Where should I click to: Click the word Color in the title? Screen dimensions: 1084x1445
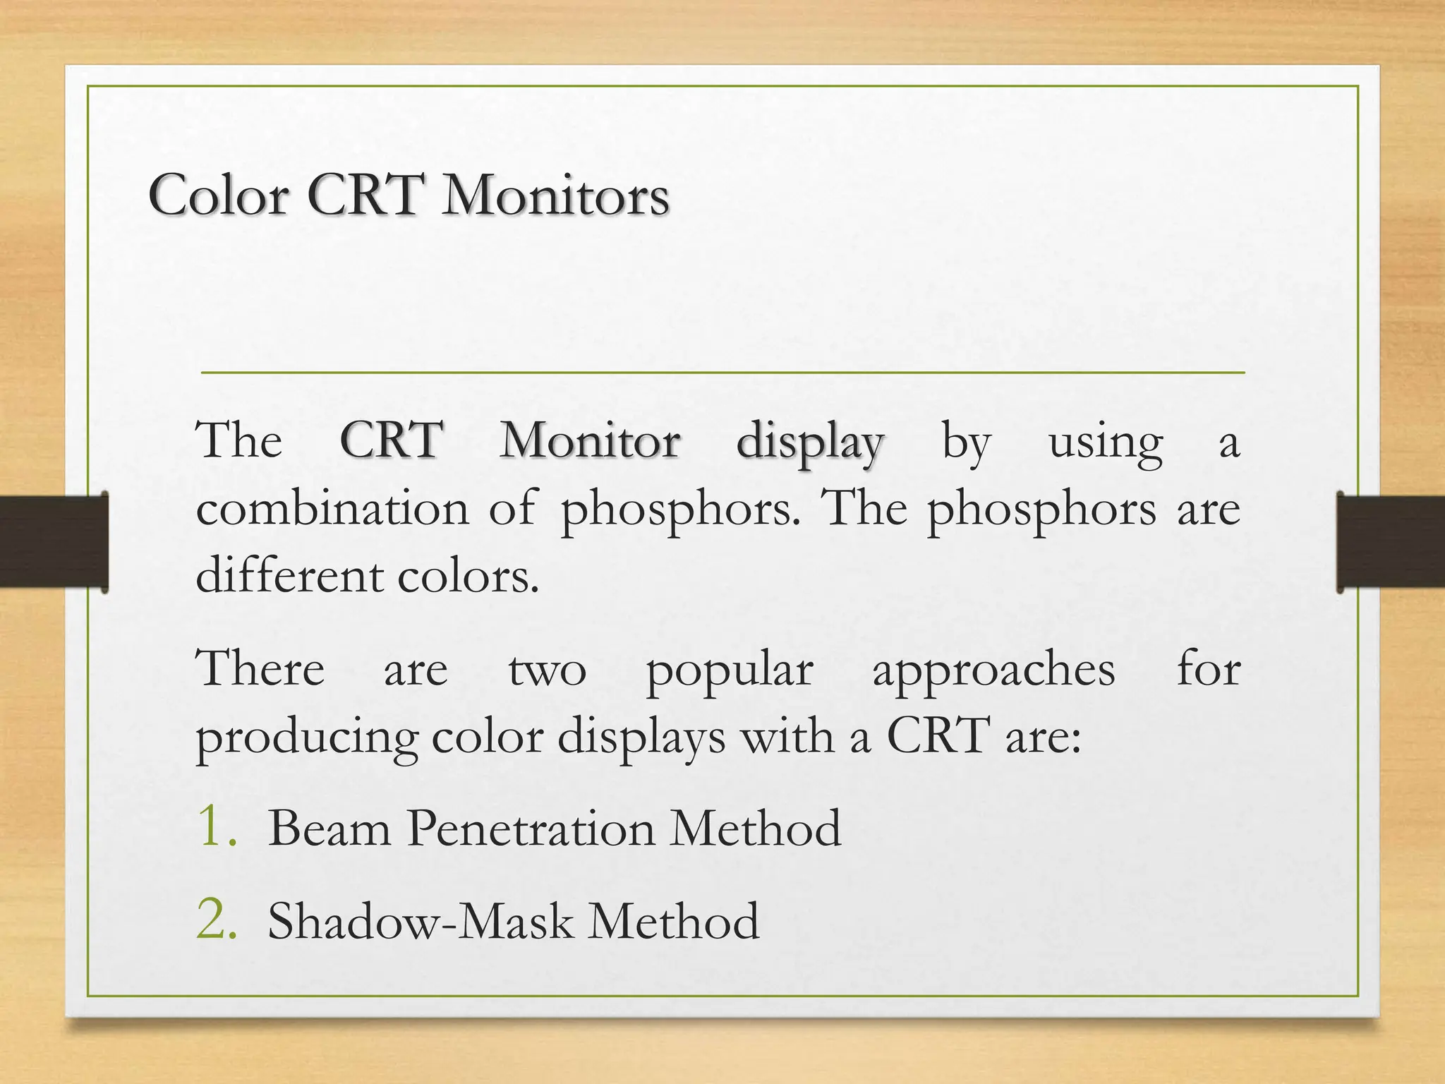pyautogui.click(x=219, y=195)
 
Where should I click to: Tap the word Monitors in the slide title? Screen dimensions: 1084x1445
pyautogui.click(x=555, y=195)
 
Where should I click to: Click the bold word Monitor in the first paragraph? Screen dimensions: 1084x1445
pyautogui.click(x=590, y=440)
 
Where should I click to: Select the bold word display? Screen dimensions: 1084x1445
pyautogui.click(x=809, y=443)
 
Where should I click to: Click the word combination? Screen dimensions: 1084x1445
pyautogui.click(x=332, y=508)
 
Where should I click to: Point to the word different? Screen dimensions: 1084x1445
pyautogui.click(x=289, y=574)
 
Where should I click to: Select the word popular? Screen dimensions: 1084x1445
pyautogui.click(x=729, y=671)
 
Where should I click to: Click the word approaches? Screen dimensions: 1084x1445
pyautogui.click(x=993, y=671)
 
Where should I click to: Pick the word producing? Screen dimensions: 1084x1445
pyautogui.click(x=307, y=738)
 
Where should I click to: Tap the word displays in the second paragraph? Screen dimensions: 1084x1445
pyautogui.click(x=641, y=738)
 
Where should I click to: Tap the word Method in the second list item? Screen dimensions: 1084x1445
pyautogui.click(x=673, y=921)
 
